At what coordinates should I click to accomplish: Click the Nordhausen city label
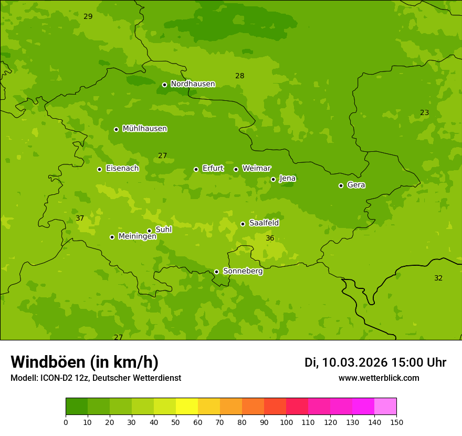pos(193,84)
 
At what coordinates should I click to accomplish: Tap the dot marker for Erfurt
pos(196,169)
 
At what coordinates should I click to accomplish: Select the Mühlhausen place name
pos(144,129)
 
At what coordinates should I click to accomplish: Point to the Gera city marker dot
pos(341,185)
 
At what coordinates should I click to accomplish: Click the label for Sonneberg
pos(243,271)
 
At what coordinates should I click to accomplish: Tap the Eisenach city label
pos(122,169)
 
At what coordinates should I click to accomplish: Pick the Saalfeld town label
pos(264,223)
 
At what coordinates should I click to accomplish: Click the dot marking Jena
pos(273,179)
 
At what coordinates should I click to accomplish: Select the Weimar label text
pos(256,169)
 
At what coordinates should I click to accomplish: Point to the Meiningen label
pos(137,236)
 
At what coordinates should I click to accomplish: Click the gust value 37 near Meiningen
pos(80,218)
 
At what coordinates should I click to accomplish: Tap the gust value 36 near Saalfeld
pos(270,238)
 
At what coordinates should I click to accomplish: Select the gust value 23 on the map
pos(424,112)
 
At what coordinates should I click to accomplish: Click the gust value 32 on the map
pos(438,278)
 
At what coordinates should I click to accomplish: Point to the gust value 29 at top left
pos(88,16)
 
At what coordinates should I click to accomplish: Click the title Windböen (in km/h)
pos(84,362)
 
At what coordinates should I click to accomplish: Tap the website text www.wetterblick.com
pos(379,378)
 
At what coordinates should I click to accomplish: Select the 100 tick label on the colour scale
pos(286,422)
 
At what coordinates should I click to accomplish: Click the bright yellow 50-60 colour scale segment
pos(187,407)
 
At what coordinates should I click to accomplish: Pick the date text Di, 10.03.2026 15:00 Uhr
pos(375,362)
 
